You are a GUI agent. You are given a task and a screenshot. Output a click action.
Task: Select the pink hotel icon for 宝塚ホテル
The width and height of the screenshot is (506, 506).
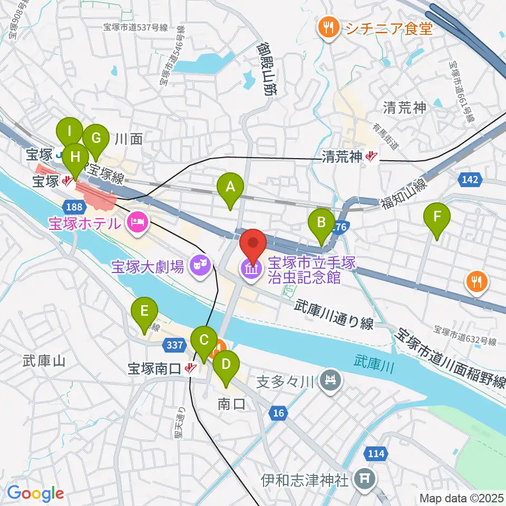pos(138,222)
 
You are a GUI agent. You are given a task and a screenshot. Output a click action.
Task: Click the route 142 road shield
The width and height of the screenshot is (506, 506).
pos(471,180)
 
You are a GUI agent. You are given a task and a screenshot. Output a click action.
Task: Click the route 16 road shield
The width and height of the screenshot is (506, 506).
pos(278,414)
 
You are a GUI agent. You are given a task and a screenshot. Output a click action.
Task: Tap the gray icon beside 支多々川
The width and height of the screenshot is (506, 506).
pos(330,380)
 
